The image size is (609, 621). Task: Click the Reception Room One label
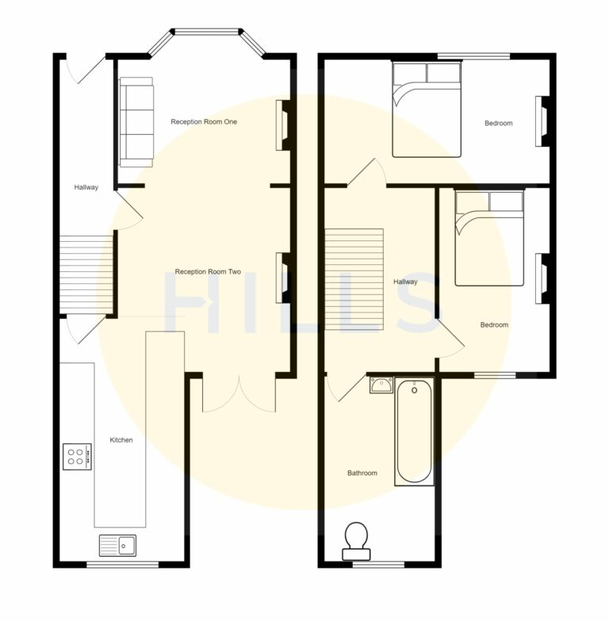tap(204, 122)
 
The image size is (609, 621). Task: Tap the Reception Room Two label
tap(208, 271)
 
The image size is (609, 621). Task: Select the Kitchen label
tap(121, 440)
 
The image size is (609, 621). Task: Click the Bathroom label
tap(362, 473)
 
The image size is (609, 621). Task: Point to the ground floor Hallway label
tap(86, 187)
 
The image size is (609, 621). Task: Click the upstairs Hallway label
tap(405, 282)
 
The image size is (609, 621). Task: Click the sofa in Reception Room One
tap(136, 122)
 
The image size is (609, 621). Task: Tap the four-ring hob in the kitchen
tap(77, 456)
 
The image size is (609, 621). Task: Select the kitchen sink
tap(117, 545)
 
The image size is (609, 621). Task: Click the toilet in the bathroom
tap(356, 539)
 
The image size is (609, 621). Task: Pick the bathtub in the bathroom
tap(414, 431)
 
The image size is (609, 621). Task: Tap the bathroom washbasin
tap(381, 385)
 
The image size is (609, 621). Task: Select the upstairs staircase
tap(354, 280)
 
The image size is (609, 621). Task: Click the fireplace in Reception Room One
tap(282, 125)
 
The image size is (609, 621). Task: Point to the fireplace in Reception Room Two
tap(282, 278)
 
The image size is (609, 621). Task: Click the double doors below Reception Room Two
tap(238, 394)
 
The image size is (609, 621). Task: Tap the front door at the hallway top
tap(86, 70)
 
